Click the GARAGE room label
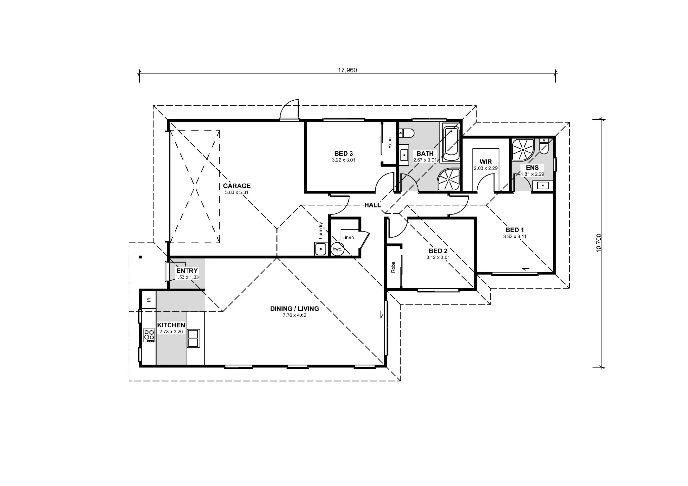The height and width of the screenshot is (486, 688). click(237, 186)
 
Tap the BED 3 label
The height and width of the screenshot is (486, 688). click(343, 154)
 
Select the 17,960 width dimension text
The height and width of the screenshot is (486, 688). click(347, 70)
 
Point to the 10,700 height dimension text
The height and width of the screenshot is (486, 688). click(599, 243)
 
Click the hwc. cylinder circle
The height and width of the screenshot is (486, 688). click(337, 249)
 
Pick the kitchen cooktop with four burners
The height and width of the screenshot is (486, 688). click(149, 335)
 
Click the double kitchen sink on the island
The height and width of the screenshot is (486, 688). click(193, 338)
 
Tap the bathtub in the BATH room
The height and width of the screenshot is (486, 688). click(451, 143)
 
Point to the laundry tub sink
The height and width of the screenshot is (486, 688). click(320, 249)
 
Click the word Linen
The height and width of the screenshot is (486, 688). click(348, 237)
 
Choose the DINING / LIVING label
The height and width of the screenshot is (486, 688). click(295, 309)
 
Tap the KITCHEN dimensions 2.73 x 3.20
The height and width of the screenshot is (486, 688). click(171, 332)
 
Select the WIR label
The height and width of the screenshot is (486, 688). click(486, 162)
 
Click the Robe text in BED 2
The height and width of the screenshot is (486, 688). click(393, 267)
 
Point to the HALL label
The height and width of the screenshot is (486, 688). click(373, 205)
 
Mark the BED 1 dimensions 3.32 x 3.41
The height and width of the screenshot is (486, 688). click(515, 236)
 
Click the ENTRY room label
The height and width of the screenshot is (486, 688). click(187, 271)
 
